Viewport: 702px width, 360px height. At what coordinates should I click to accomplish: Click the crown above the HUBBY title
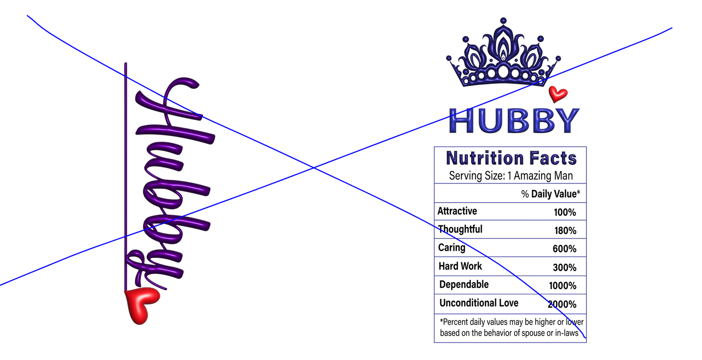[503, 53]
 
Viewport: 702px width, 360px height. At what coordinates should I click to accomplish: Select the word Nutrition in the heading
[485, 158]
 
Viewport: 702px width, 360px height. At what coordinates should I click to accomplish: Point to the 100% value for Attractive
[565, 212]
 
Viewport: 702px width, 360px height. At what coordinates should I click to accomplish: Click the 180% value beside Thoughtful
[565, 231]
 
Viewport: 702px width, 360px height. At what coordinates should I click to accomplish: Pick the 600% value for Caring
[565, 249]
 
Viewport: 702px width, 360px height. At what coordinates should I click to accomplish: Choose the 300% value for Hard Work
[565, 268]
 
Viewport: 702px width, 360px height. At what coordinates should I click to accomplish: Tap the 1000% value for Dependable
[563, 286]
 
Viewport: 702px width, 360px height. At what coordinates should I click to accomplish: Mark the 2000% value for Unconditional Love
[562, 304]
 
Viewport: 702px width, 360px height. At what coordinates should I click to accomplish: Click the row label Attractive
[457, 211]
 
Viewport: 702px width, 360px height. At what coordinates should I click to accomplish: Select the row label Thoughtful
[460, 229]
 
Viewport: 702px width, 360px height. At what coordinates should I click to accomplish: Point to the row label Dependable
[464, 285]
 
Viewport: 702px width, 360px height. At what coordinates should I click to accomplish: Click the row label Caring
[452, 248]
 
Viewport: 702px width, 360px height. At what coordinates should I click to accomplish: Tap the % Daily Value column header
[550, 194]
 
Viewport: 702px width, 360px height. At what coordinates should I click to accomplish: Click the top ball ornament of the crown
[503, 21]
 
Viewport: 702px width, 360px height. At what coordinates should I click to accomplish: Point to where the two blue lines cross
[314, 168]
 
